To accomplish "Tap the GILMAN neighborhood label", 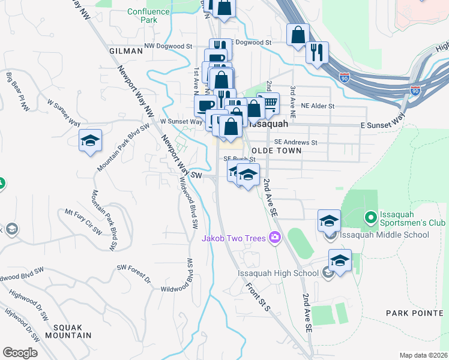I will click(x=126, y=52).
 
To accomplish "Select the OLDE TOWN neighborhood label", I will click(x=276, y=151).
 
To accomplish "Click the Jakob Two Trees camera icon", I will click(x=275, y=238).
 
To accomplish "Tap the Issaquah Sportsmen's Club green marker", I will click(x=370, y=217).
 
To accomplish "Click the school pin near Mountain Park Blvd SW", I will click(x=91, y=141).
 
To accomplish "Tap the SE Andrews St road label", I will click(x=295, y=142).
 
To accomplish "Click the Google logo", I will click(x=20, y=353).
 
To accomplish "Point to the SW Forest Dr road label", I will click(x=133, y=272).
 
